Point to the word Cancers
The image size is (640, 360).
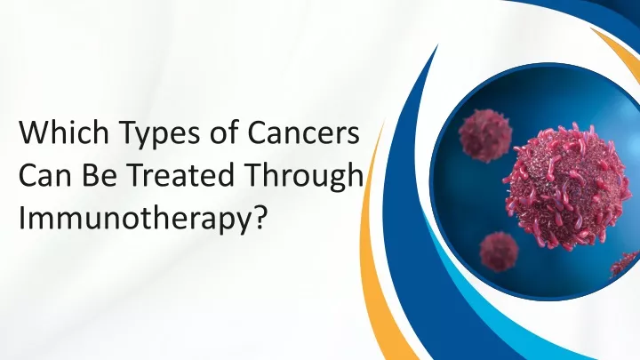click(304, 132)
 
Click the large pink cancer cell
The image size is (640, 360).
click(568, 186)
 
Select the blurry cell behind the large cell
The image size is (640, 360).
click(485, 135)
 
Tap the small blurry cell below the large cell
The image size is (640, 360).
click(499, 252)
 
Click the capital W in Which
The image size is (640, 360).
click(34, 133)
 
